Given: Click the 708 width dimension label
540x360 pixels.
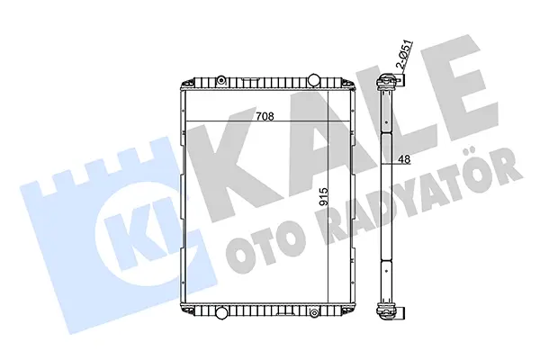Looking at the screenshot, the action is [x=265, y=116].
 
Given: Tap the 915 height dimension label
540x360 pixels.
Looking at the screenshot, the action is [x=324, y=197].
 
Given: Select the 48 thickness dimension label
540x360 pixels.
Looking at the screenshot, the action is [x=404, y=159].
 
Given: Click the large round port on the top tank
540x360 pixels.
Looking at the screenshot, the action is [x=313, y=79].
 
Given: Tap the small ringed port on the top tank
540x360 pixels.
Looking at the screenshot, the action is [x=221, y=81].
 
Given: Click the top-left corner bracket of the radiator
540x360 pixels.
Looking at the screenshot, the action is [x=188, y=85].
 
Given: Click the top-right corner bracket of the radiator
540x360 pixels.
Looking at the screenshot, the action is [x=347, y=85].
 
